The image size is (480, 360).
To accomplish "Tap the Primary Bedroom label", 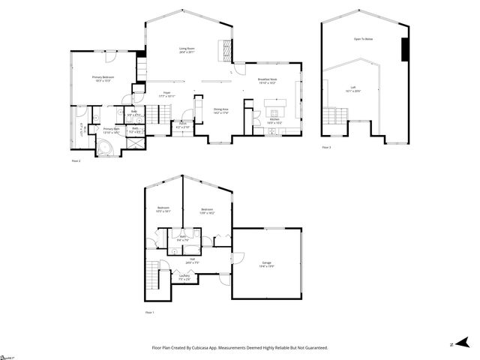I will (103, 77).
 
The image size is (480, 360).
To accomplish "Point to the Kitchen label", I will (274, 119).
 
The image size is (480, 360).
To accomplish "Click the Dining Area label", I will (220, 109).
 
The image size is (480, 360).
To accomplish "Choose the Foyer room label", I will (166, 94).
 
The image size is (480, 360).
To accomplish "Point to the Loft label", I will (352, 88).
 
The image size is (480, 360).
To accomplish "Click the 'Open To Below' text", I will (363, 37).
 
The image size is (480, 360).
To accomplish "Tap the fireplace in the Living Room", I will (223, 49).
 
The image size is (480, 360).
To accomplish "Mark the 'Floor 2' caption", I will (76, 160).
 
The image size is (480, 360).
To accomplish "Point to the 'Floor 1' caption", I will (149, 311).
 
